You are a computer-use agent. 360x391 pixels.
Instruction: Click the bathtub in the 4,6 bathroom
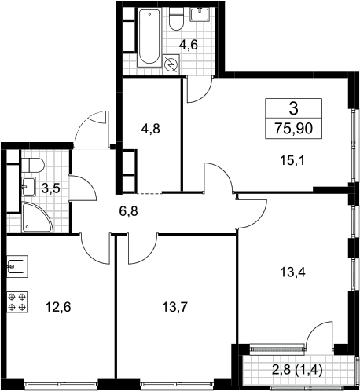tap(149, 37)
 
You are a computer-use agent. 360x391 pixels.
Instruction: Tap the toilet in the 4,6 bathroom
tap(176, 19)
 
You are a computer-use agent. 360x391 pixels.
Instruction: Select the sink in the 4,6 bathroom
tap(200, 14)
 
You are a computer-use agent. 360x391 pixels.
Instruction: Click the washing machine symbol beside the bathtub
tap(171, 64)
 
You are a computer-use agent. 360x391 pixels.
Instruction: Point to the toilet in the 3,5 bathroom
tap(33, 165)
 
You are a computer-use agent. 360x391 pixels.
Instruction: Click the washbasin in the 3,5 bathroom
tap(28, 186)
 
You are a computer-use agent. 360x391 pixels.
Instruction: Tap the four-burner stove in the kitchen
tap(17, 301)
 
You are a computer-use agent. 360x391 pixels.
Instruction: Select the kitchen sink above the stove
tap(17, 266)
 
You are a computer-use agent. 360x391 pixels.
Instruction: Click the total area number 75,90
tap(293, 129)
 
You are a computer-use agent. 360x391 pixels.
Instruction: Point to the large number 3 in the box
tap(293, 108)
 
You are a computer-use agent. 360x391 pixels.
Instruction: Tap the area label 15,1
tap(292, 161)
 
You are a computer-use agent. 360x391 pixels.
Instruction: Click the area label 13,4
tap(292, 272)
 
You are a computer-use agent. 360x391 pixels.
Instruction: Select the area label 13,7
tap(175, 307)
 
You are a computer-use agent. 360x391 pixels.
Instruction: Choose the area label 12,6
tap(58, 307)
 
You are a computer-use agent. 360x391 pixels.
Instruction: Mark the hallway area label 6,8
tap(129, 211)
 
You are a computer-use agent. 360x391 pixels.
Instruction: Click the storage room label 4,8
tap(150, 129)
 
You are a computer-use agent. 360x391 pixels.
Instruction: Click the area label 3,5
tap(51, 188)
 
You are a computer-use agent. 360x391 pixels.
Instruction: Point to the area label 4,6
tap(188, 45)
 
